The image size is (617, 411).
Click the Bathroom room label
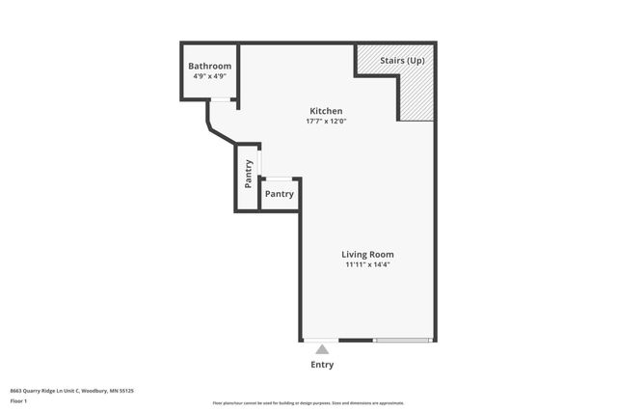pyautogui.click(x=209, y=66)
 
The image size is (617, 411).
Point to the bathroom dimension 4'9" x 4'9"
pyautogui.click(x=209, y=75)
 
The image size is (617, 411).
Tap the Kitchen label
pyautogui.click(x=325, y=111)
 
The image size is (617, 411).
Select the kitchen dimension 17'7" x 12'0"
pyautogui.click(x=325, y=122)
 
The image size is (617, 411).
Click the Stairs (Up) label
pyautogui.click(x=402, y=61)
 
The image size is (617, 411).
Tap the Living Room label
pyautogui.click(x=367, y=255)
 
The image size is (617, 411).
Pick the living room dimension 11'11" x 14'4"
pyautogui.click(x=367, y=265)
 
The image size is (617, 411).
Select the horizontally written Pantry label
pyautogui.click(x=279, y=194)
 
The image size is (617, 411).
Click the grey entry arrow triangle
pyautogui.click(x=322, y=349)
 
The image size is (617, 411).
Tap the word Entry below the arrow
pyautogui.click(x=322, y=365)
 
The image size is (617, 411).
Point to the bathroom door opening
pyautogui.click(x=221, y=99)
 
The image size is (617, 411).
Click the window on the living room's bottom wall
pyautogui.click(x=402, y=340)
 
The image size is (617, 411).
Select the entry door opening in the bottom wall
pyautogui.click(x=321, y=340)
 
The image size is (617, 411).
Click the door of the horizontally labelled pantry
pyautogui.click(x=279, y=178)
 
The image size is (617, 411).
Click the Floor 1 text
pyautogui.click(x=18, y=399)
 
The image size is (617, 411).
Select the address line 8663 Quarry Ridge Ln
pyautogui.click(x=71, y=391)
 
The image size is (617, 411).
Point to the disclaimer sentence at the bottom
pyautogui.click(x=308, y=403)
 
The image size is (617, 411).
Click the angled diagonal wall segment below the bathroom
pyautogui.click(x=221, y=134)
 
